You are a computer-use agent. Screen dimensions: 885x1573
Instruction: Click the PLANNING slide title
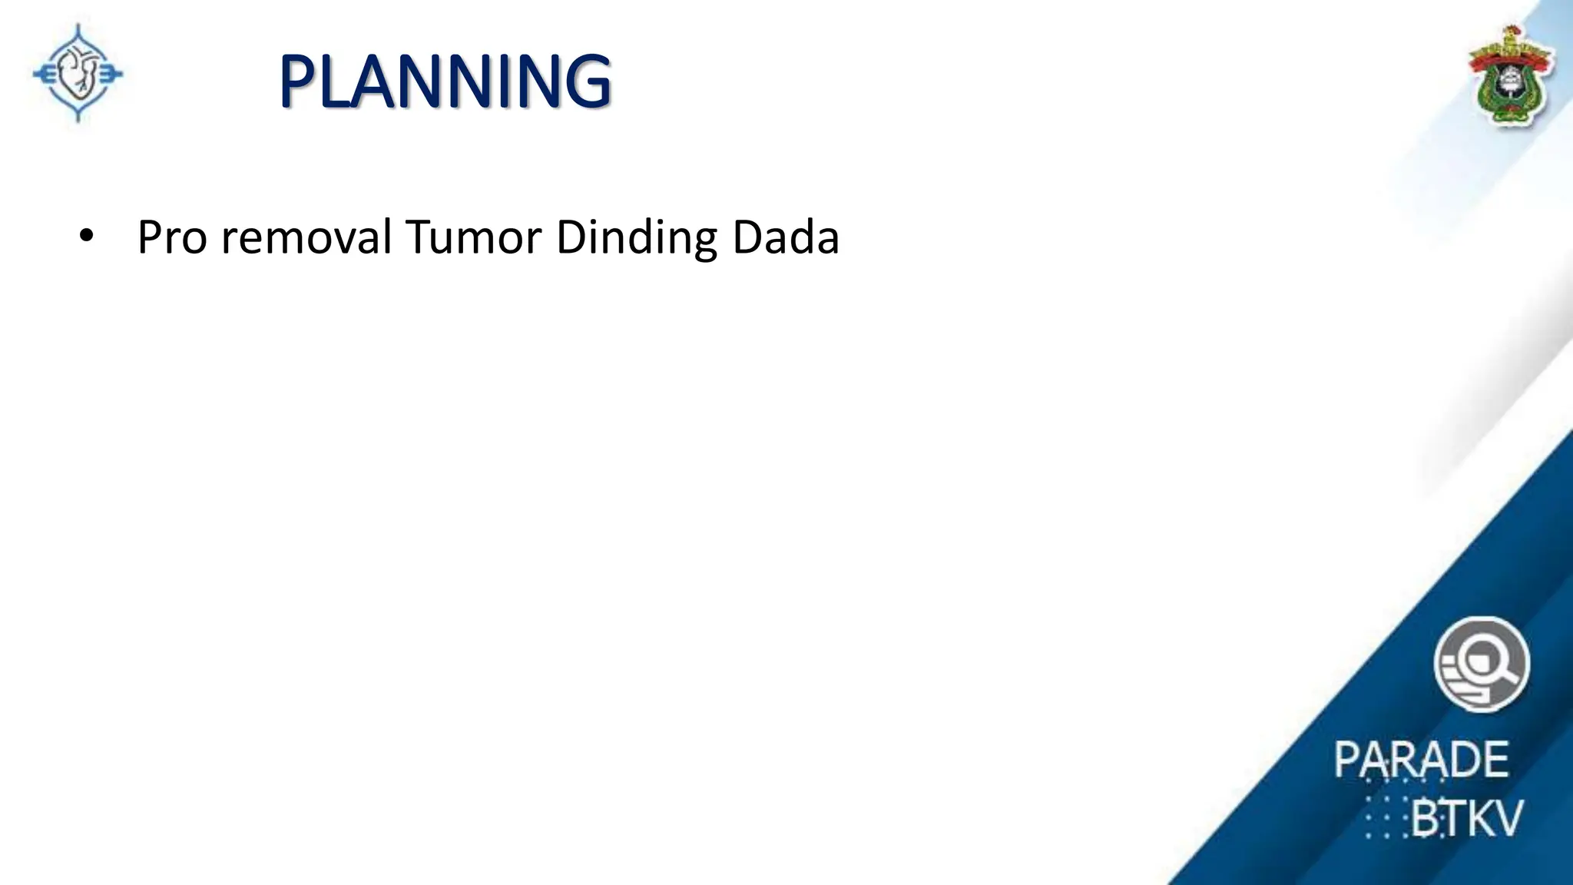[x=445, y=81]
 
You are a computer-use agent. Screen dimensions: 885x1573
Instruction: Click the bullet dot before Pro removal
[x=86, y=237]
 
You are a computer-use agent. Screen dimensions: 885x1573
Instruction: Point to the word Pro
[x=172, y=237]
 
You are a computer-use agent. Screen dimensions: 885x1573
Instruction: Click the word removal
[x=306, y=237]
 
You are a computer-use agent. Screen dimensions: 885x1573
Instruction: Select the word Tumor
[x=474, y=237]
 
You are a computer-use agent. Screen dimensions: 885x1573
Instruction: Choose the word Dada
[x=786, y=237]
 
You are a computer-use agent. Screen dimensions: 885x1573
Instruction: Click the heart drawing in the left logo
[x=78, y=75]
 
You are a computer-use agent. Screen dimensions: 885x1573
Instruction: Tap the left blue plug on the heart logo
[x=43, y=75]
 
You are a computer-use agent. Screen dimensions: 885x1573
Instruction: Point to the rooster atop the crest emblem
[x=1511, y=35]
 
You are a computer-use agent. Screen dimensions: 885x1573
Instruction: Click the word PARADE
[x=1421, y=760]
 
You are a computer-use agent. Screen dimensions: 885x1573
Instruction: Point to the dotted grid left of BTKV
[x=1387, y=819]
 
